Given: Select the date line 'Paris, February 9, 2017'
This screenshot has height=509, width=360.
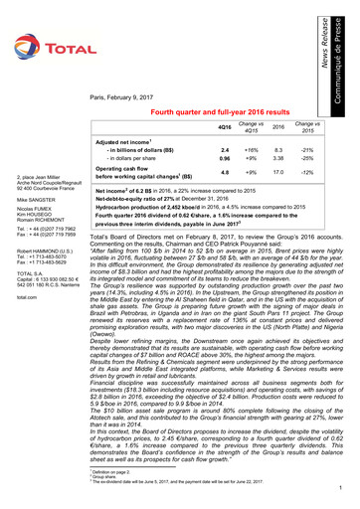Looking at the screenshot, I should [x=130, y=97].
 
